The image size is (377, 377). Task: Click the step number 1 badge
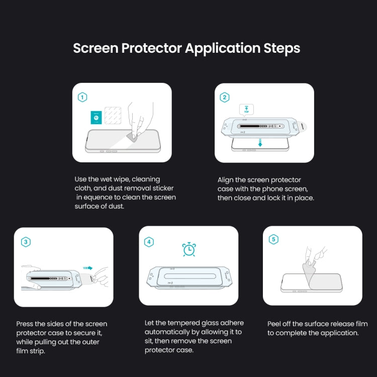(82, 98)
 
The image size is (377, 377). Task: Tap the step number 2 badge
(225, 98)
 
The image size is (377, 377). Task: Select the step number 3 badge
(26, 242)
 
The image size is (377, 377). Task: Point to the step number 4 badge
(149, 242)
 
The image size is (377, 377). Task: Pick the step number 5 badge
(273, 240)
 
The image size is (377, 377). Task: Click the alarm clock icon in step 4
(189, 249)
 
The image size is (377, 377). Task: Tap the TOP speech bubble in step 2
(247, 110)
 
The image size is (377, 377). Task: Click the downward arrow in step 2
(260, 144)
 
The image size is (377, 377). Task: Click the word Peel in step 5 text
(275, 324)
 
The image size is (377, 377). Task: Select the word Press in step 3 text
(25, 324)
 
